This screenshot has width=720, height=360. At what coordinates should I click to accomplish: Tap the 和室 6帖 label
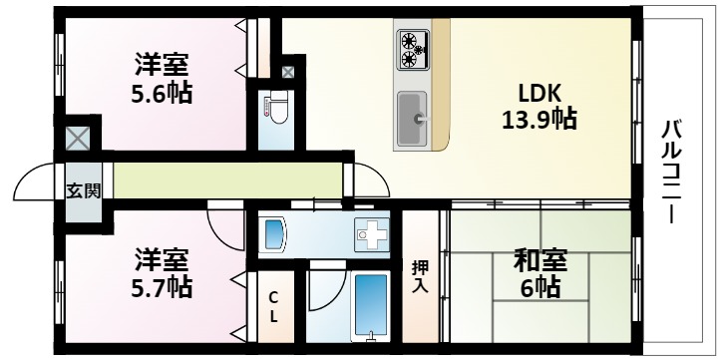click(x=540, y=274)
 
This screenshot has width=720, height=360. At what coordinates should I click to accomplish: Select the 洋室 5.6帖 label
click(x=163, y=81)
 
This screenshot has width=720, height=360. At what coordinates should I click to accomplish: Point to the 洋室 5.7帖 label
click(x=163, y=274)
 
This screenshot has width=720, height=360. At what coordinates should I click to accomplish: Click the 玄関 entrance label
click(x=84, y=190)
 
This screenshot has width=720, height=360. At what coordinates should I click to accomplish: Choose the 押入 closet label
click(x=420, y=276)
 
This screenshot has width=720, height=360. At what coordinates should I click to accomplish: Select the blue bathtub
click(x=370, y=303)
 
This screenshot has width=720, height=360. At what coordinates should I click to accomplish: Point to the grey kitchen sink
click(x=412, y=119)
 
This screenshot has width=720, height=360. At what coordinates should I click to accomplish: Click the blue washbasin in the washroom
click(x=274, y=235)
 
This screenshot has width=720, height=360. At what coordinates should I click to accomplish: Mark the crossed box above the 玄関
click(x=79, y=137)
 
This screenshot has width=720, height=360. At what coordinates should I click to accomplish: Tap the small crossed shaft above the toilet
click(x=287, y=72)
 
